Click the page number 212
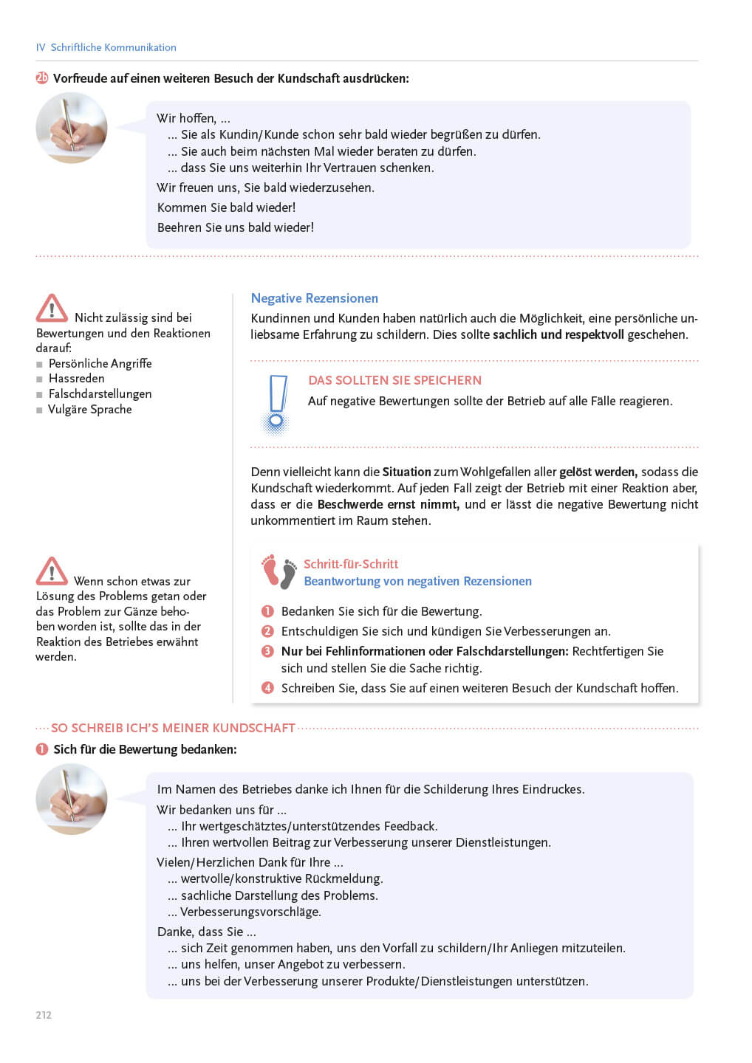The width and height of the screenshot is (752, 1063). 44,1015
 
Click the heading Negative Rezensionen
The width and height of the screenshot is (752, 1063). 314,298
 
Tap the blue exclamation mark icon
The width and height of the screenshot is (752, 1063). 277,403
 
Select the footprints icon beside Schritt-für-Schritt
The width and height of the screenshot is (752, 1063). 279,571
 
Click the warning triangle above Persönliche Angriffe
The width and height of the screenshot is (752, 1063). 52,309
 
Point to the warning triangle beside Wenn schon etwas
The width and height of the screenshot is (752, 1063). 52,571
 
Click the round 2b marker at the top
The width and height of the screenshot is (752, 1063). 42,78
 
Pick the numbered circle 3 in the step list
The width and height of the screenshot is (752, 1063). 267,651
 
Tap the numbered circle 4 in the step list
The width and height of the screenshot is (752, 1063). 267,688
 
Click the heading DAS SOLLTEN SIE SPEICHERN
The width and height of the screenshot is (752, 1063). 394,380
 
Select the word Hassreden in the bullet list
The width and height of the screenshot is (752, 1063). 76,379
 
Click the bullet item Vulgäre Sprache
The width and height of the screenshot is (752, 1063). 89,410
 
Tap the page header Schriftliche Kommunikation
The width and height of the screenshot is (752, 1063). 113,47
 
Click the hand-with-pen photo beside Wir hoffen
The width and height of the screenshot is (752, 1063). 72,128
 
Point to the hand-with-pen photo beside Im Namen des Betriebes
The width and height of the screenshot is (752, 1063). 72,799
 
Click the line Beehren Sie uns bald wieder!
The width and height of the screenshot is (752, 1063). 235,227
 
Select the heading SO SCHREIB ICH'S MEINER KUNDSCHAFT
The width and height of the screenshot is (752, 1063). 173,728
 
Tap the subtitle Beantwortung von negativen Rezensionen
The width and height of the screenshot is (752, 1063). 417,581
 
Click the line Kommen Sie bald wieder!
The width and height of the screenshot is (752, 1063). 226,207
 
